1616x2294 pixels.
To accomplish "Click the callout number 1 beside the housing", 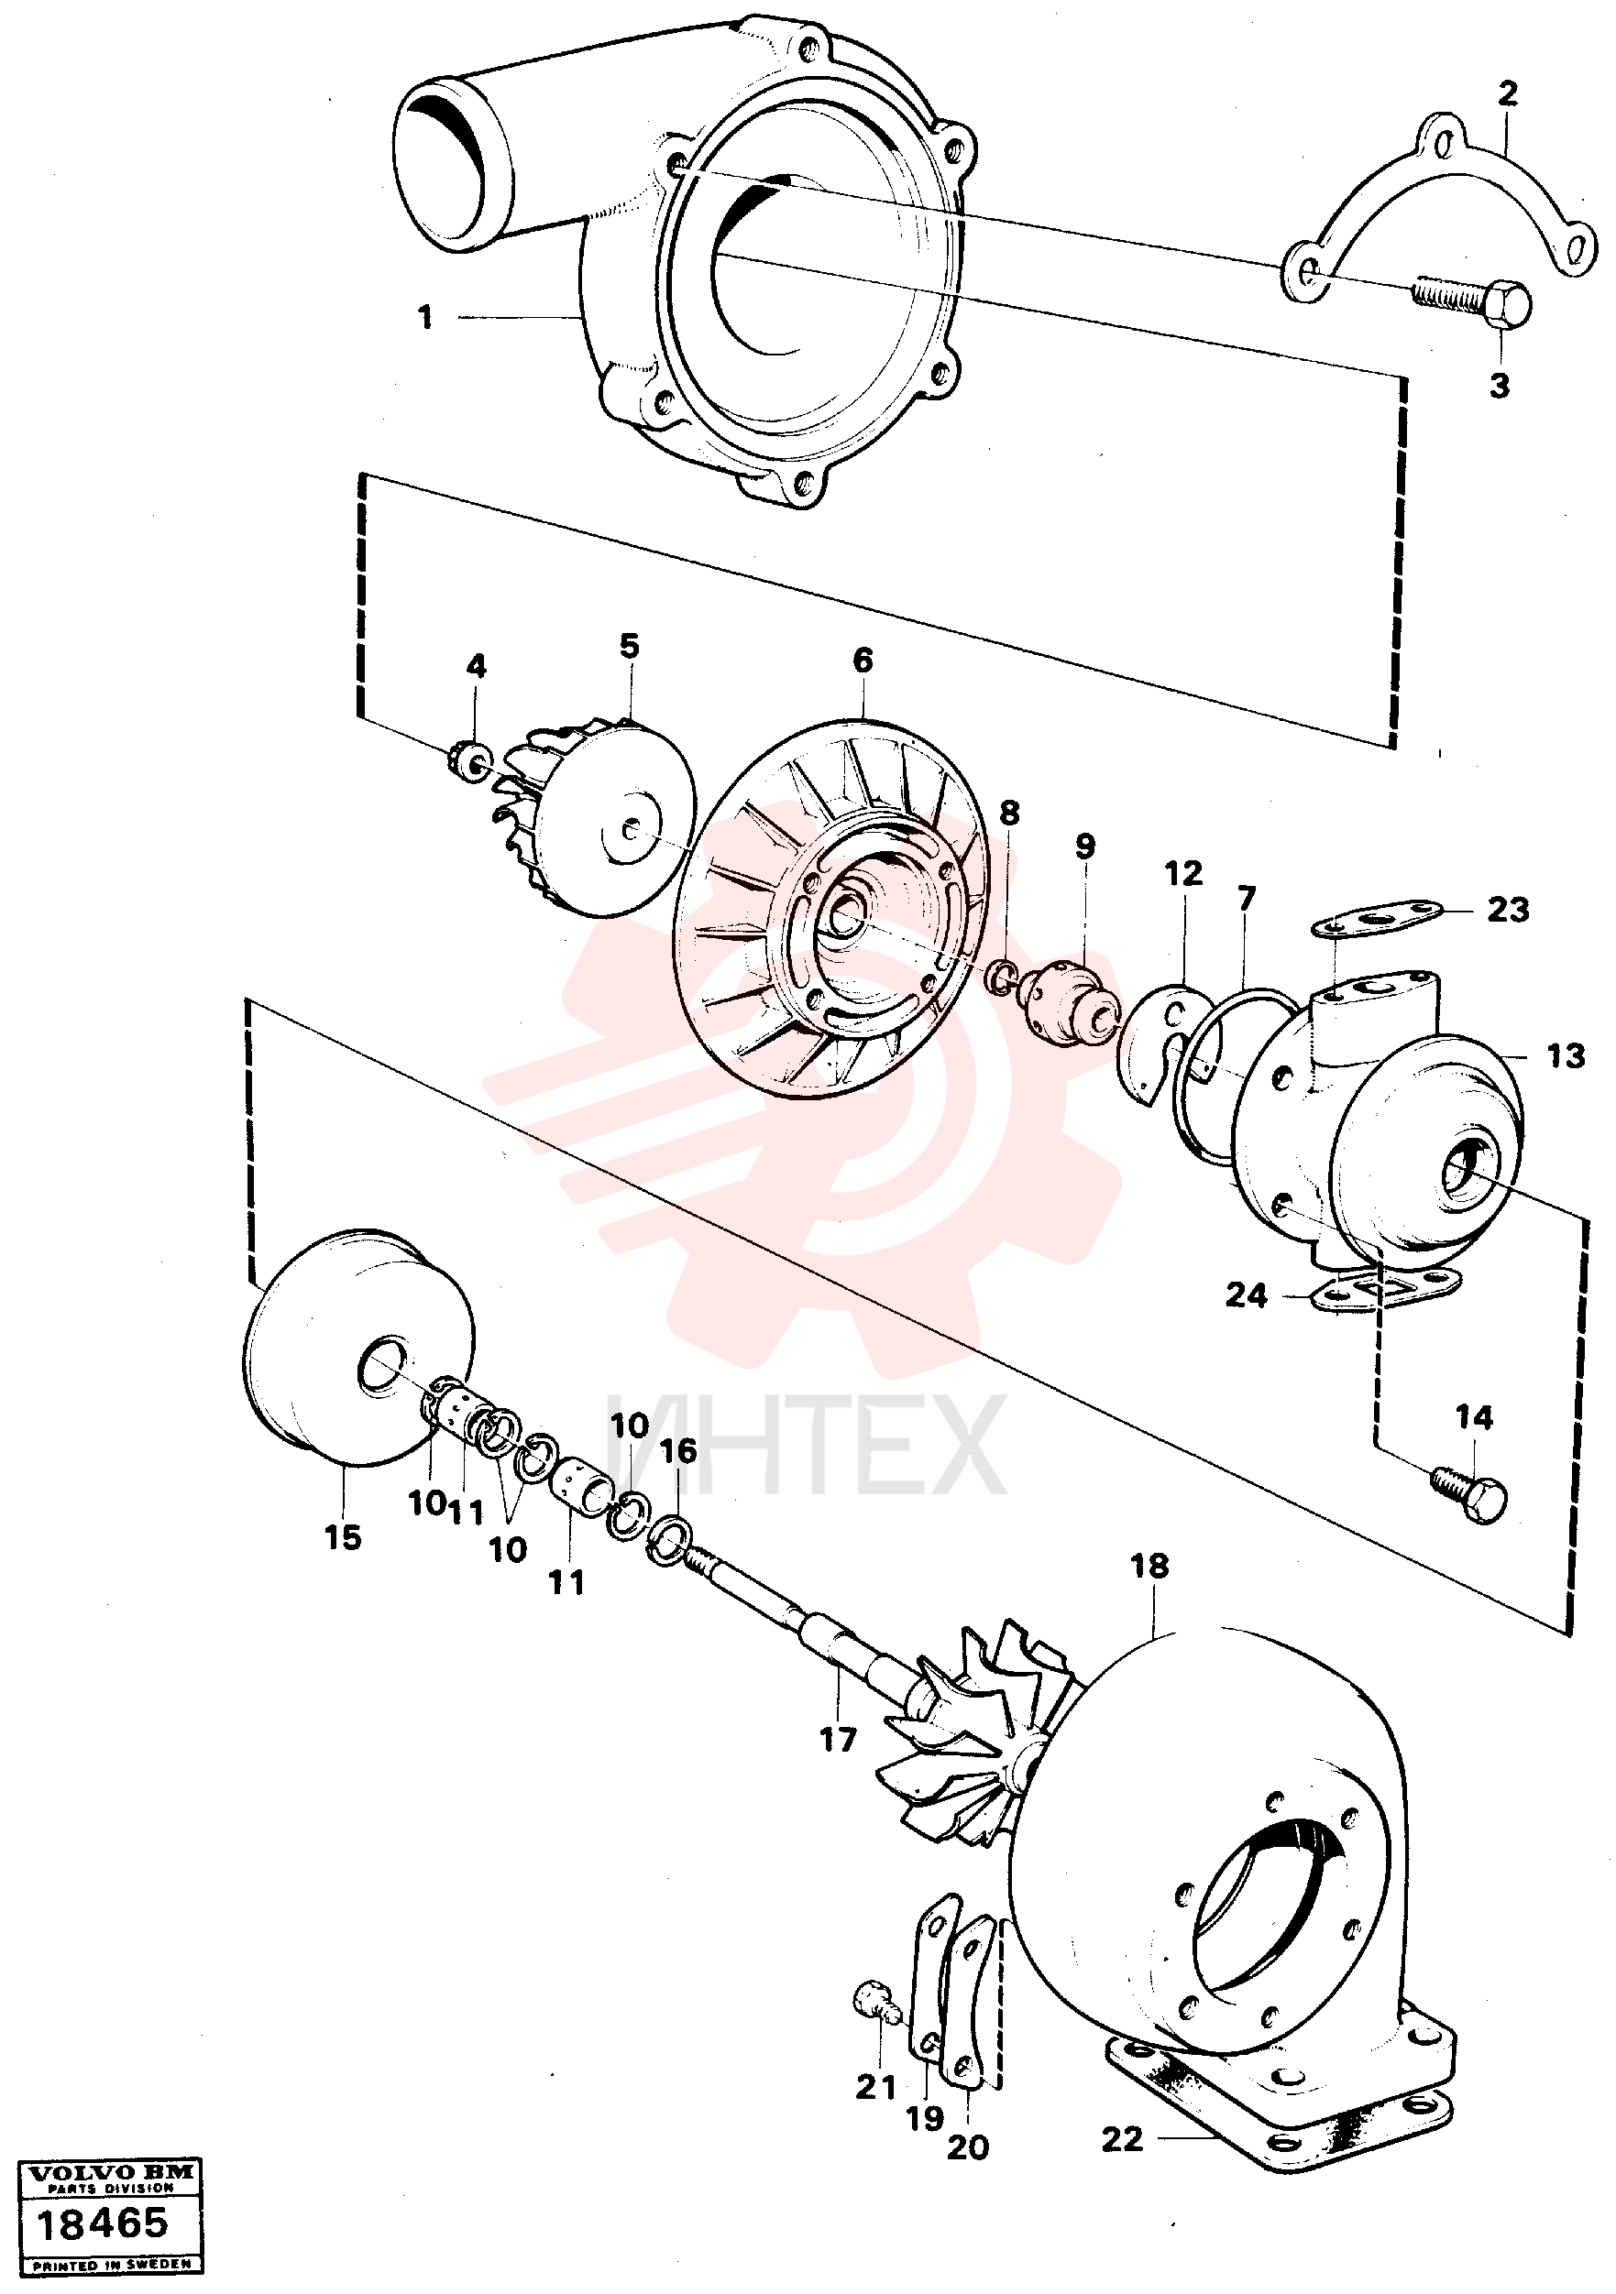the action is click(425, 317).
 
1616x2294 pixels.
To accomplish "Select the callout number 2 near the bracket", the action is click(1507, 93).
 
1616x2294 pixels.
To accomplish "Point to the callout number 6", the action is click(863, 660).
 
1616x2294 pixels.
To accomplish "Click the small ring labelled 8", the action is click(1003, 977).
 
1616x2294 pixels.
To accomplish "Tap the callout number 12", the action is click(1183, 874).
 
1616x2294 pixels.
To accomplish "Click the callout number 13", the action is click(1566, 1055).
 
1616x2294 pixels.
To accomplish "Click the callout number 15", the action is click(342, 1537).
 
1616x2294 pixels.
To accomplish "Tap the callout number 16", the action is click(678, 1451).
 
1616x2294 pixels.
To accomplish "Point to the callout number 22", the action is click(1122, 2139).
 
